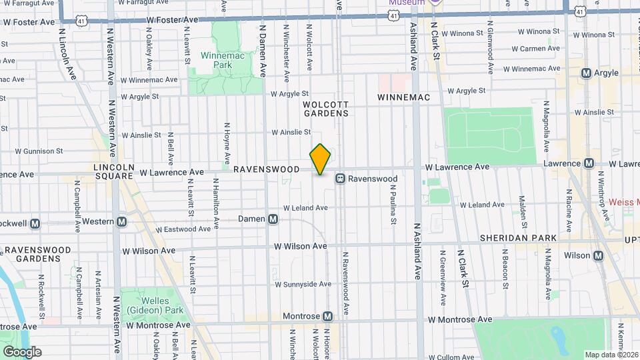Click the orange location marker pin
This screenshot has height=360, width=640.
coord(321,159)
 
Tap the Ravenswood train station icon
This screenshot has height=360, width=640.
coord(340,179)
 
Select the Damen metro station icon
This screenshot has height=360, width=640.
coord(273,219)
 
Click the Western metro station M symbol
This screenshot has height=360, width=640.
coord(121,222)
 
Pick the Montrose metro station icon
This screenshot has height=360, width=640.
coord(327,316)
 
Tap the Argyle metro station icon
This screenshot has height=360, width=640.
coord(587,73)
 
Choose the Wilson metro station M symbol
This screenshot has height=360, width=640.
coord(598,255)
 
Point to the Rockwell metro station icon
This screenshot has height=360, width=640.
coord(35,223)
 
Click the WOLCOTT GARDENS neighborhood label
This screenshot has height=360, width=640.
coord(325,109)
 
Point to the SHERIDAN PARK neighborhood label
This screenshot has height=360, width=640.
coord(517,238)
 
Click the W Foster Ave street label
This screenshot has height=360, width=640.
coord(29,22)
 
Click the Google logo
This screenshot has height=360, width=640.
coord(22,351)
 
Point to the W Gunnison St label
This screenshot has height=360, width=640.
coord(29,151)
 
